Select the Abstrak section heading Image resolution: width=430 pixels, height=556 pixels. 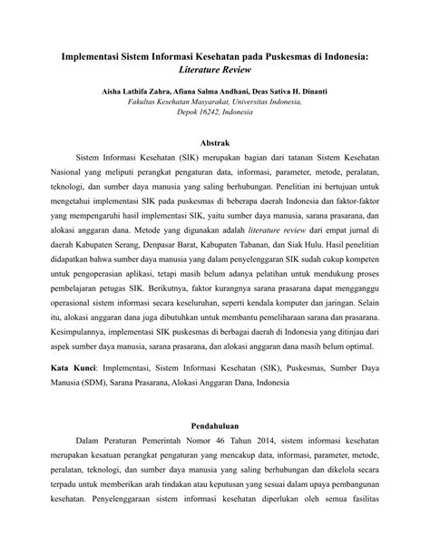pyautogui.click(x=215, y=143)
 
